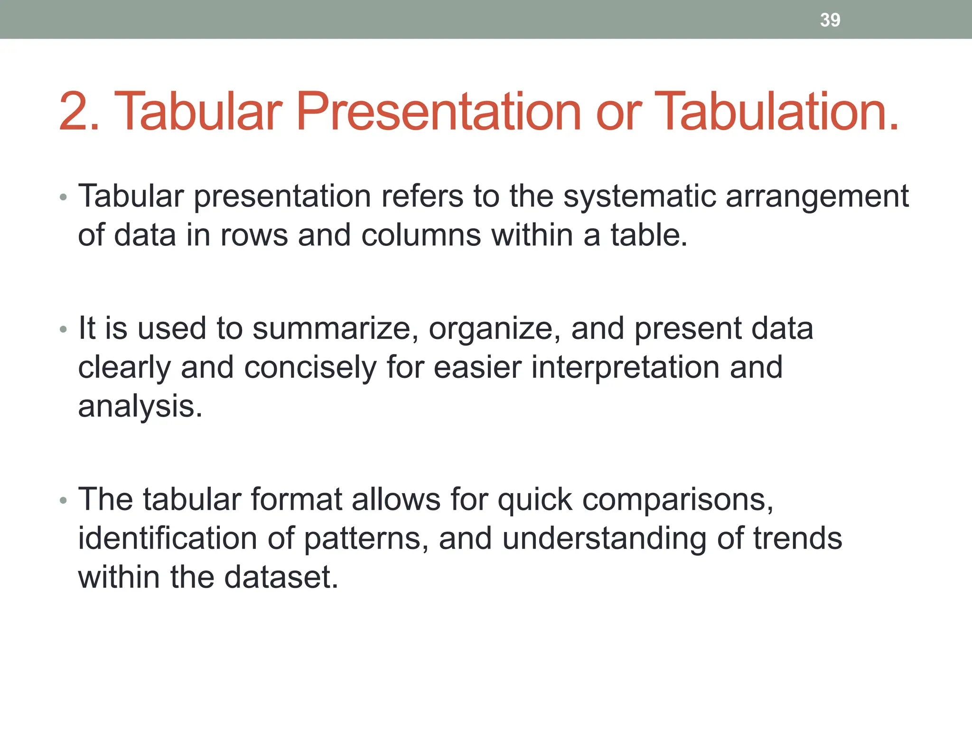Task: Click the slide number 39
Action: click(x=830, y=20)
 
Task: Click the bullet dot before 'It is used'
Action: click(x=64, y=329)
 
